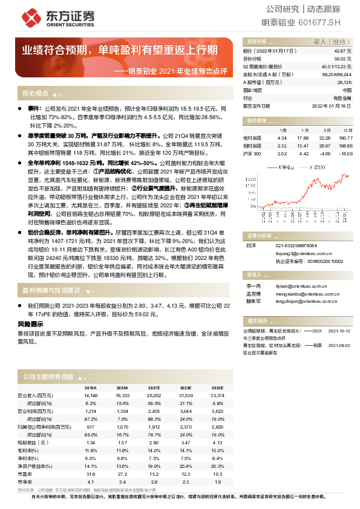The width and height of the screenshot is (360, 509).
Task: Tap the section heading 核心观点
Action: [x=35, y=93]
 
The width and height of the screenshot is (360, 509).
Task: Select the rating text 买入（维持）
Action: [x=327, y=42]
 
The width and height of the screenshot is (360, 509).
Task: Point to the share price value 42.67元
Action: [x=343, y=51]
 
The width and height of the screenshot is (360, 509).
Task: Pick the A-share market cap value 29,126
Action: [x=344, y=82]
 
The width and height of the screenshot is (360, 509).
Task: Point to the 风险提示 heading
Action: [x=30, y=324]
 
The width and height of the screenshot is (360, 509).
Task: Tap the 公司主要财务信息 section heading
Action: [x=48, y=377]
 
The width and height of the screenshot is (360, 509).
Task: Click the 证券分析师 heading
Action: [x=259, y=218]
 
